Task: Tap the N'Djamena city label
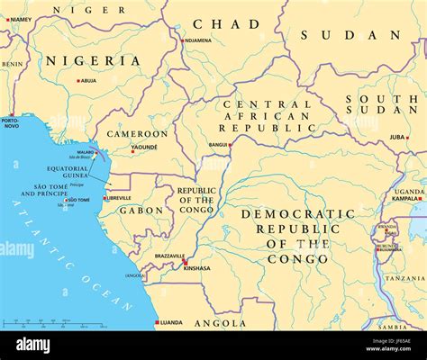click(198, 40)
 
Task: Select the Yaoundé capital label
click(144, 147)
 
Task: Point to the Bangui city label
click(218, 144)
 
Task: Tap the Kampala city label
click(408, 198)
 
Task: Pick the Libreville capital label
click(119, 198)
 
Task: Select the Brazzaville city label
click(168, 256)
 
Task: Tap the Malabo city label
click(85, 153)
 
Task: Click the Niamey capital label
click(20, 19)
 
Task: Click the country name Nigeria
click(94, 61)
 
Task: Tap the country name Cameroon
click(138, 133)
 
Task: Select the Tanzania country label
click(404, 278)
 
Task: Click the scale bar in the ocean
click(36, 322)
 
